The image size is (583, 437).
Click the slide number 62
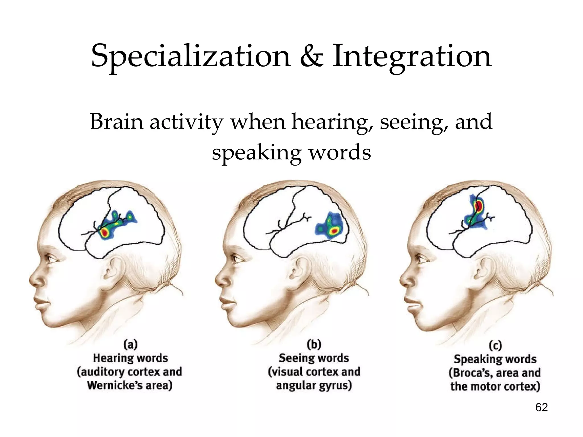[541, 407]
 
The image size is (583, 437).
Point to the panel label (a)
[131, 345]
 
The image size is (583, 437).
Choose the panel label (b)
[314, 345]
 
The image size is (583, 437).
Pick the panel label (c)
[495, 346]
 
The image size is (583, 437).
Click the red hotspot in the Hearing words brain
[105, 233]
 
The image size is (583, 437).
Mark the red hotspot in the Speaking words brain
[479, 205]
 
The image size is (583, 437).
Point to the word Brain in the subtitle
[117, 122]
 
